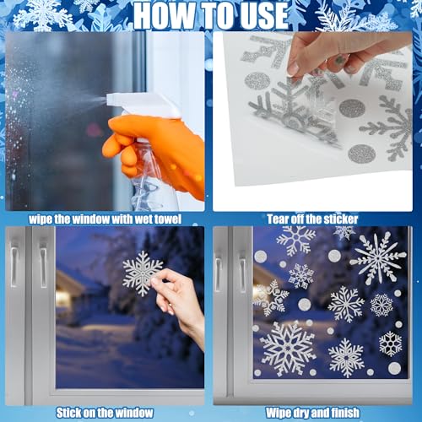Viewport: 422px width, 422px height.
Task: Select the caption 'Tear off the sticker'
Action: click(311, 219)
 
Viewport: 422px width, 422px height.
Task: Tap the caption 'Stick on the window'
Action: click(104, 413)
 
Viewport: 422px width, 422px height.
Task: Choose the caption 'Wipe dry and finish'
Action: click(312, 413)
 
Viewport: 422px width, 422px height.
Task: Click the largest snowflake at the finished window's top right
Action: click(377, 257)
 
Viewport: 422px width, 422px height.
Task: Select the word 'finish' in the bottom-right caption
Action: click(343, 413)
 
